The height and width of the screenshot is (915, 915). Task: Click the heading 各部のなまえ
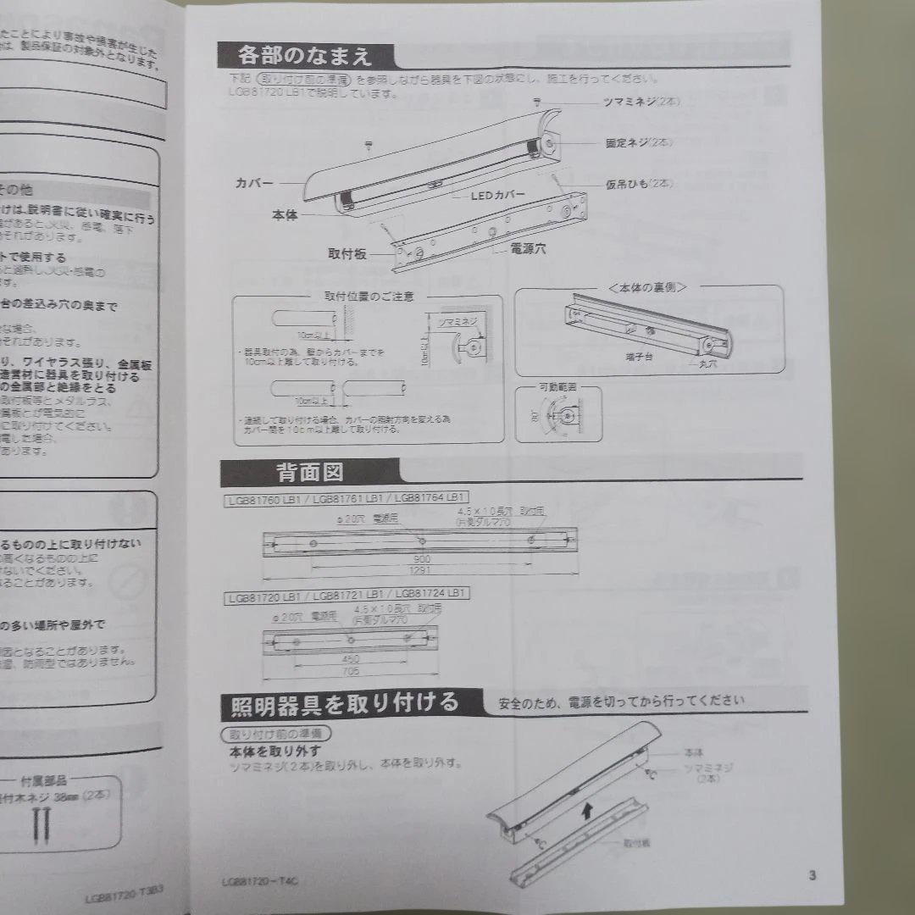(306, 57)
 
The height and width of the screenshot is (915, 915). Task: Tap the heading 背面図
(309, 471)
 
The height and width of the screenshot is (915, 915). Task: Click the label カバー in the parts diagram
(254, 182)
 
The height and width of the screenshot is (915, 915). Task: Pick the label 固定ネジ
(636, 144)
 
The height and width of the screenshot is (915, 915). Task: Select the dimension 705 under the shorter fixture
(351, 671)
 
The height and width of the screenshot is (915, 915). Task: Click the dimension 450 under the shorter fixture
(350, 658)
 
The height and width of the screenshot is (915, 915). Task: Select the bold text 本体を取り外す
(274, 751)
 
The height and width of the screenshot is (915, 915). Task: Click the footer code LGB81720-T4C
(259, 881)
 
